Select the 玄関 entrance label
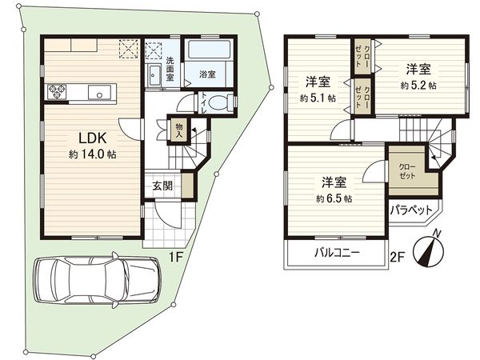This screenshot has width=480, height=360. [162, 186]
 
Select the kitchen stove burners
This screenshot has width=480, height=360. [58, 92]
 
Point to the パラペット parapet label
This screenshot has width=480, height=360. [409, 211]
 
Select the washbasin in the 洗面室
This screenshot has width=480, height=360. [154, 77]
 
